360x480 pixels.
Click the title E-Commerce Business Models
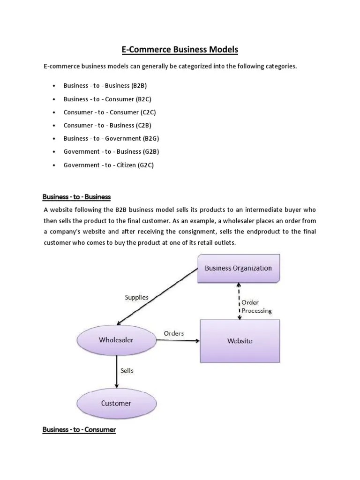click(x=180, y=49)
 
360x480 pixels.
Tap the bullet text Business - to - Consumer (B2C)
click(x=107, y=99)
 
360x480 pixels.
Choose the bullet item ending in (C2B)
click(x=107, y=125)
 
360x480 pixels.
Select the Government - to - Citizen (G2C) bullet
click(x=108, y=165)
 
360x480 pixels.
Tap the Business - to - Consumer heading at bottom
click(x=79, y=429)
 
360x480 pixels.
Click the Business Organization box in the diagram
click(x=238, y=269)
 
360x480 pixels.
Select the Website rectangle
click(x=240, y=340)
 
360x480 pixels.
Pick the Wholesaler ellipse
click(x=116, y=340)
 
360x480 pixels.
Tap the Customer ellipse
click(x=116, y=403)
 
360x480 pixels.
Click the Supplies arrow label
click(x=136, y=297)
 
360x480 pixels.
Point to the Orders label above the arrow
click(x=173, y=333)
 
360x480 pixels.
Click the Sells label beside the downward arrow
click(x=127, y=370)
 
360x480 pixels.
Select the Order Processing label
click(x=256, y=306)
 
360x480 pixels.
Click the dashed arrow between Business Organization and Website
click(x=240, y=301)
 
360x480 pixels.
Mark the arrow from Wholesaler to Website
click(x=178, y=341)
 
